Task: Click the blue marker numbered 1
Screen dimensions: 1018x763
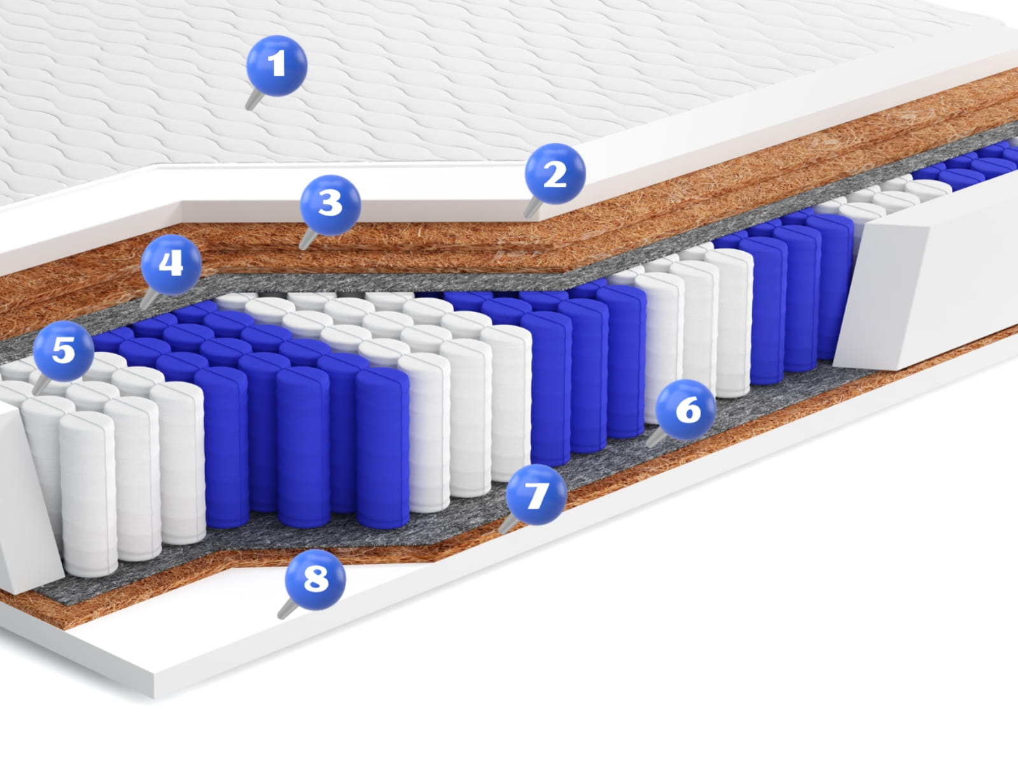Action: pos(277,65)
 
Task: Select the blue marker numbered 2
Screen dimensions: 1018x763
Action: pos(555,174)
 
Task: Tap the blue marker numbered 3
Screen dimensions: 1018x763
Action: pos(331,205)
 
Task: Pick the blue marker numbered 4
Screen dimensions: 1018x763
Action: pos(172,265)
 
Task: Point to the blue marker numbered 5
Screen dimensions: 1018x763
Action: pos(64,351)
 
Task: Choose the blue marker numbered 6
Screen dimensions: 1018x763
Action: pos(685,409)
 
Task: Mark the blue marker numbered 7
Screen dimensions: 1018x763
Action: pos(536,495)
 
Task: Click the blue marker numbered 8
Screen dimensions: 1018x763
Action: pos(316,579)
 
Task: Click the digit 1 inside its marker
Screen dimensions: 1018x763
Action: pos(277,64)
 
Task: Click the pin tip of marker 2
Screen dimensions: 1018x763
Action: pos(526,216)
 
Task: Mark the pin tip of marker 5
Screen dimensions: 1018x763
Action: pos(35,394)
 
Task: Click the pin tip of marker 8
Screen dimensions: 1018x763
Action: pos(280,617)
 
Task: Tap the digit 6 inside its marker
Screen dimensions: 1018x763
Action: pos(687,409)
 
